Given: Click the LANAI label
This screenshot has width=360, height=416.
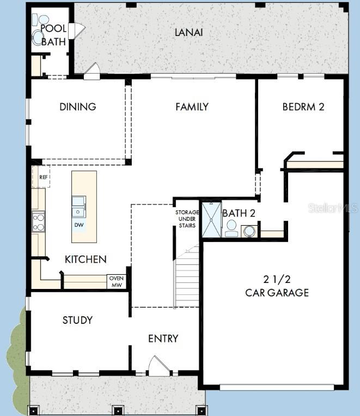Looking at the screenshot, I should (x=188, y=32).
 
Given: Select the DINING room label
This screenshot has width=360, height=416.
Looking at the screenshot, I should (x=77, y=107).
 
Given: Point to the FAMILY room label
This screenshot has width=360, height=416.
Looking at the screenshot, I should (x=192, y=107).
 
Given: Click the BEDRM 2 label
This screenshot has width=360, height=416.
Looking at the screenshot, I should (x=303, y=107).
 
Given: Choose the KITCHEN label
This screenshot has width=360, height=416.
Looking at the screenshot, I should (x=86, y=260).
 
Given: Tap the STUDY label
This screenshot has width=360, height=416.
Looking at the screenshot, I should (x=77, y=320).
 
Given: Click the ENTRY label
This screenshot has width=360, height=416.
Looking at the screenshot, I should (x=163, y=339).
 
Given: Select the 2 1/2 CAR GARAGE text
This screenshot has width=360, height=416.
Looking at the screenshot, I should (x=277, y=286).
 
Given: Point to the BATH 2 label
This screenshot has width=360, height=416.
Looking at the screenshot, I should (x=238, y=213).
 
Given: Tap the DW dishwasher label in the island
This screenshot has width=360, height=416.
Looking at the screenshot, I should (x=79, y=225).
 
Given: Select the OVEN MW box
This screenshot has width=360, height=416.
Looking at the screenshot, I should (x=117, y=281).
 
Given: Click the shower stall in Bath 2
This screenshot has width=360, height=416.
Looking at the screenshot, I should (x=211, y=219).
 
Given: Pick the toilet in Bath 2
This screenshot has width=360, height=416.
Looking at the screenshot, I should (x=230, y=228).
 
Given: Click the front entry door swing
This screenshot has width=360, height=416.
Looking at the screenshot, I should (x=158, y=366).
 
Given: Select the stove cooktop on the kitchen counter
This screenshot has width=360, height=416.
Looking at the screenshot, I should (x=39, y=222).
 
